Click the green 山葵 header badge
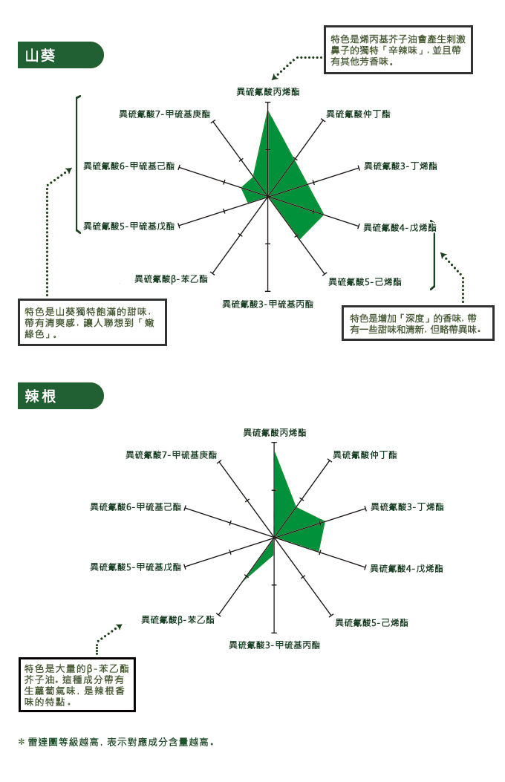(x=60, y=55)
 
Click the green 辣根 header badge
(x=60, y=396)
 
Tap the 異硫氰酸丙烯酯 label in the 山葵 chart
(x=267, y=92)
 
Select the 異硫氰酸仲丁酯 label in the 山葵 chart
(x=358, y=114)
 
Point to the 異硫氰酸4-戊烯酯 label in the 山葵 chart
(x=400, y=228)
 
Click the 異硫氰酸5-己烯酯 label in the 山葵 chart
(x=365, y=282)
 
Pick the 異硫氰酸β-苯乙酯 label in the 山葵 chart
(x=171, y=279)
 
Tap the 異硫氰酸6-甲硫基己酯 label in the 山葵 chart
(x=128, y=166)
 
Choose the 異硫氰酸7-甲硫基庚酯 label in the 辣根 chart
(x=171, y=454)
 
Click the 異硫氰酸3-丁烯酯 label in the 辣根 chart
(x=407, y=507)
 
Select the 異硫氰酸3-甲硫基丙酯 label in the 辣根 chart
(x=274, y=645)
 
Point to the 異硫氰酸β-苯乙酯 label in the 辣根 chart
(x=177, y=620)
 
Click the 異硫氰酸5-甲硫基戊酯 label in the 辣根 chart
(x=135, y=567)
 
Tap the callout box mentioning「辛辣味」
(x=398, y=50)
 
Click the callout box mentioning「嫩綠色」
(x=92, y=322)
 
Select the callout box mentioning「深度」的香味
(x=418, y=323)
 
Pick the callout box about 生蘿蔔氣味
(x=76, y=685)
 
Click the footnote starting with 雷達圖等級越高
(x=116, y=742)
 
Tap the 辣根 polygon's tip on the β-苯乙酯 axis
(x=247, y=578)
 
